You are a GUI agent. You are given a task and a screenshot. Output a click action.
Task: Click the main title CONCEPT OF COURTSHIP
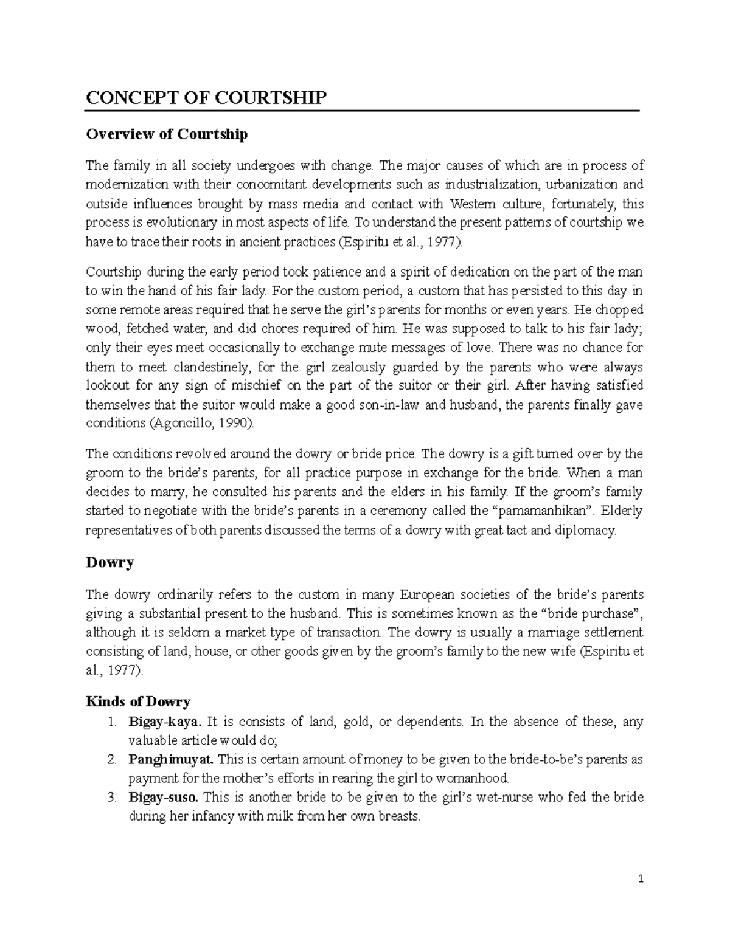(206, 97)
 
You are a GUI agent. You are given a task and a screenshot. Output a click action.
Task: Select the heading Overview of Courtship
(167, 134)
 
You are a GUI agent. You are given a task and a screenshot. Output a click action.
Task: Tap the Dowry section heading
(109, 562)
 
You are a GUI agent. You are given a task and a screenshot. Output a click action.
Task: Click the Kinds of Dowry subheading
(138, 702)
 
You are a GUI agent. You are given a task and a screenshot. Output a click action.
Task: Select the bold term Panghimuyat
(171, 759)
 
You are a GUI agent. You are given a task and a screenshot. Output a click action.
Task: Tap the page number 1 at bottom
(641, 879)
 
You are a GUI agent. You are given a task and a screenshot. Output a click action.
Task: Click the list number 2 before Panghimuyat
(111, 759)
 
